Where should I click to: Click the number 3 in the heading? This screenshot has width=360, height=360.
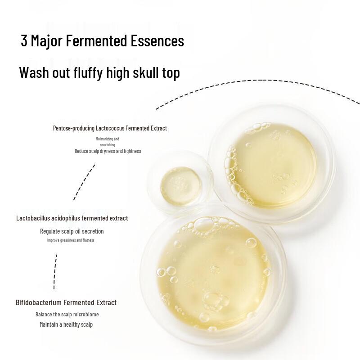point(24,41)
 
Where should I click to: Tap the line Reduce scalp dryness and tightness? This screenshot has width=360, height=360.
point(108,151)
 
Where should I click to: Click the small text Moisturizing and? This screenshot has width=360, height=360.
point(108,139)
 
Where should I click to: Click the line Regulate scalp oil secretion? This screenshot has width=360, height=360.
point(72,231)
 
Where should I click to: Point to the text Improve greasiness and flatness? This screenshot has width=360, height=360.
point(71,240)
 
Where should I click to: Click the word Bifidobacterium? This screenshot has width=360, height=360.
point(39,302)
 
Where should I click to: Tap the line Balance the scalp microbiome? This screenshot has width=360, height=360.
point(67,314)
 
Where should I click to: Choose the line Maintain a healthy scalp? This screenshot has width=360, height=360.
point(66,324)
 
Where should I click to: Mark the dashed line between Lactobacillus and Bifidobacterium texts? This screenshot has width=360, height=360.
point(55,271)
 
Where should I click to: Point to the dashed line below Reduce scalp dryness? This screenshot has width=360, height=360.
point(85,182)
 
